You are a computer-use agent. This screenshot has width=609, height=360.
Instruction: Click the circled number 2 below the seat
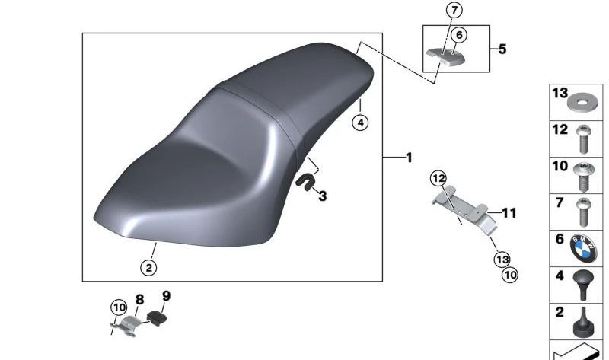click(148, 267)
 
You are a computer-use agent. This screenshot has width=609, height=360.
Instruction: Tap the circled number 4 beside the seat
click(360, 122)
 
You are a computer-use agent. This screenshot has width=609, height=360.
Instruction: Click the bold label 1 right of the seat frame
click(409, 158)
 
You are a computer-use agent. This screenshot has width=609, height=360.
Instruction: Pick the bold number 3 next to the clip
click(322, 196)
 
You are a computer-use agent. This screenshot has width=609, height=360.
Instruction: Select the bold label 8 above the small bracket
click(139, 300)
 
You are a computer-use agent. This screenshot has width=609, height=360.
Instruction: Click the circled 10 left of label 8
click(118, 307)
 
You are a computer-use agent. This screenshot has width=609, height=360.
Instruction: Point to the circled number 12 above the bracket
click(437, 178)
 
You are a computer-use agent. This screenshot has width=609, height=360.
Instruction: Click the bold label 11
click(509, 213)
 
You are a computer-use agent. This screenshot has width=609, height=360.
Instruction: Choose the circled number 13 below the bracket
click(502, 259)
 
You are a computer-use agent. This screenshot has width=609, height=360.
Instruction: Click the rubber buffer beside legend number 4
click(585, 283)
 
